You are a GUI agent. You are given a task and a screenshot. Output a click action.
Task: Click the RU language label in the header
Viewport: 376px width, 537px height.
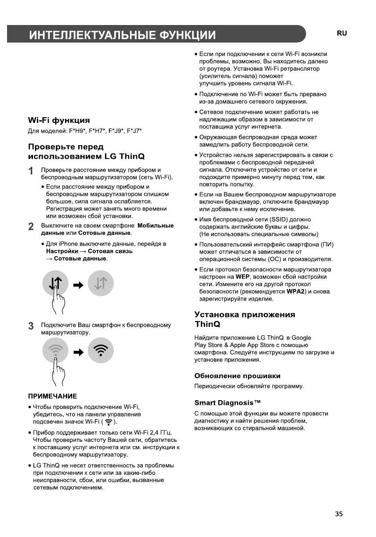[342, 33]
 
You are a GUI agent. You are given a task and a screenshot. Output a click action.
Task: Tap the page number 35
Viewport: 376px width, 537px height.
[339, 514]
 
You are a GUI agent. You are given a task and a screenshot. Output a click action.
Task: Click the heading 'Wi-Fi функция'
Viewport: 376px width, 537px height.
[59, 120]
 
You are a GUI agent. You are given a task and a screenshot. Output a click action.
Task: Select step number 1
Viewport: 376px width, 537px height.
[31, 171]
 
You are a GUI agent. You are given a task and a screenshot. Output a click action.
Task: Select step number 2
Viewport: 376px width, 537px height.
[31, 227]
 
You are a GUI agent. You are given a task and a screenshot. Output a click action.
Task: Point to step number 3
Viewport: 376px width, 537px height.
[31, 326]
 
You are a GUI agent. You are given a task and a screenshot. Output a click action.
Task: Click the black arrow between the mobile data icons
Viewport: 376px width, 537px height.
[78, 285]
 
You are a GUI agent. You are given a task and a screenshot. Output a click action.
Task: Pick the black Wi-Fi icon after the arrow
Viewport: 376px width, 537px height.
[101, 351]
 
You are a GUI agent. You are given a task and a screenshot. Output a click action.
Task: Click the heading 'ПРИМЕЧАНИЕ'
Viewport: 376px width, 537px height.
[53, 396]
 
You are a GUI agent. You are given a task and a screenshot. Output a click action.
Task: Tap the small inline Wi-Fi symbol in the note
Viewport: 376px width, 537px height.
[108, 422]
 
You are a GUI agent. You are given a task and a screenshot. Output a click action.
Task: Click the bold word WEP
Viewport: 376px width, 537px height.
[242, 277]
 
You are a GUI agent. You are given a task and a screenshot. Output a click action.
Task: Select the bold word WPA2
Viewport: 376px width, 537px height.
[296, 292]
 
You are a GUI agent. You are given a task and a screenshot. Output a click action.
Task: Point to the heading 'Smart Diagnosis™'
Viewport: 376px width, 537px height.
[228, 403]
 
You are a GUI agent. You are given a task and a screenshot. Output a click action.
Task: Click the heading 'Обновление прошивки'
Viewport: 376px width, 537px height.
[237, 376]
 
